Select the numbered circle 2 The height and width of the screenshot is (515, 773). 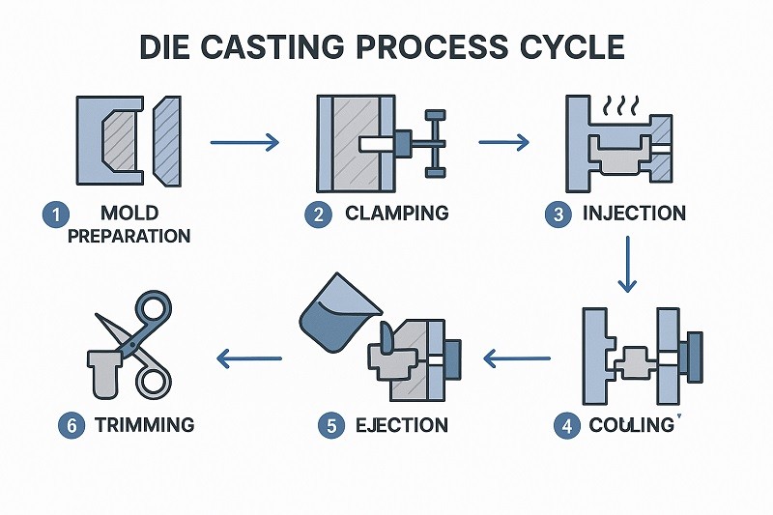(x=318, y=215)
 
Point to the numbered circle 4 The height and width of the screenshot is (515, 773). (x=564, y=425)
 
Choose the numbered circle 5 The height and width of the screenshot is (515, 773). (x=331, y=425)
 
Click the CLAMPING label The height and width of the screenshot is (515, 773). (x=396, y=214)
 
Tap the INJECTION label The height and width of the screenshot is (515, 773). (x=634, y=214)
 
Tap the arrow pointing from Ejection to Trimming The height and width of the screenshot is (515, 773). (x=249, y=359)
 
